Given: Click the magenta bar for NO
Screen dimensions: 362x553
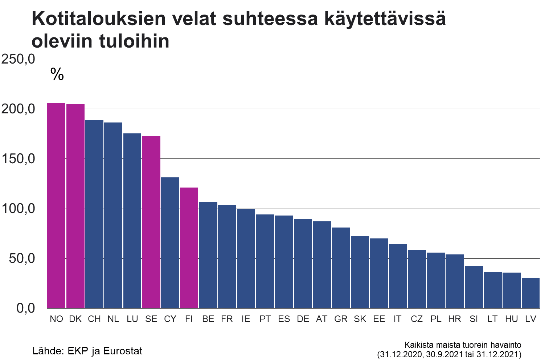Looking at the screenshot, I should pos(56,205).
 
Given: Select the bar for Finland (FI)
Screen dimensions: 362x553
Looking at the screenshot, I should pos(189,248).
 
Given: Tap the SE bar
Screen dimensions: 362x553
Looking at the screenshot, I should pos(151,222).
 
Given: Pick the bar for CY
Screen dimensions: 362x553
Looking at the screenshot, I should pos(170,243).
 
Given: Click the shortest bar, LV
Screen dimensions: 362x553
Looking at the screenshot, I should pos(531,293).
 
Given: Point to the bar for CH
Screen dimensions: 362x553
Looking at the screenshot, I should pos(94,214).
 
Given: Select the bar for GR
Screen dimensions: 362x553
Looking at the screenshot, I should pos(341,268).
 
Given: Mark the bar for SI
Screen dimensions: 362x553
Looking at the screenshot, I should pos(474,287).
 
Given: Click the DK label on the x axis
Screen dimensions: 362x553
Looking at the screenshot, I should pos(75,319).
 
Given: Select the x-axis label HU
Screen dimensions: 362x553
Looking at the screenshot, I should pos(512,319).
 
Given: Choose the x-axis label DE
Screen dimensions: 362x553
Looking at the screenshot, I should pos(303,319).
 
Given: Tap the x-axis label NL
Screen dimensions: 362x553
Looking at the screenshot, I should pos(113,319).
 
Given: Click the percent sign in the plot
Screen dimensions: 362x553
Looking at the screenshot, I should pos(57,74).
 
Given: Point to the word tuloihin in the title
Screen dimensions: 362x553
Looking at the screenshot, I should pos(134,41).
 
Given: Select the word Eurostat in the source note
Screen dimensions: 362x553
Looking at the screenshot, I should pos(123,351).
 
